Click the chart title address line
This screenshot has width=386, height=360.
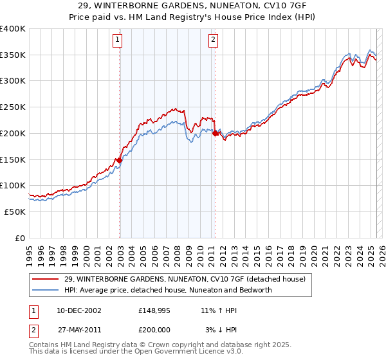(x=193, y=6)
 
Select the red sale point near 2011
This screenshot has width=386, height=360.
(x=215, y=134)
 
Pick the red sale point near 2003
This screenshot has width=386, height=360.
(x=120, y=160)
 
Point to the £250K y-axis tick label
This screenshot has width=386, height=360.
(x=13, y=107)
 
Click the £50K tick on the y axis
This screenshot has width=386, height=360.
(x=15, y=212)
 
